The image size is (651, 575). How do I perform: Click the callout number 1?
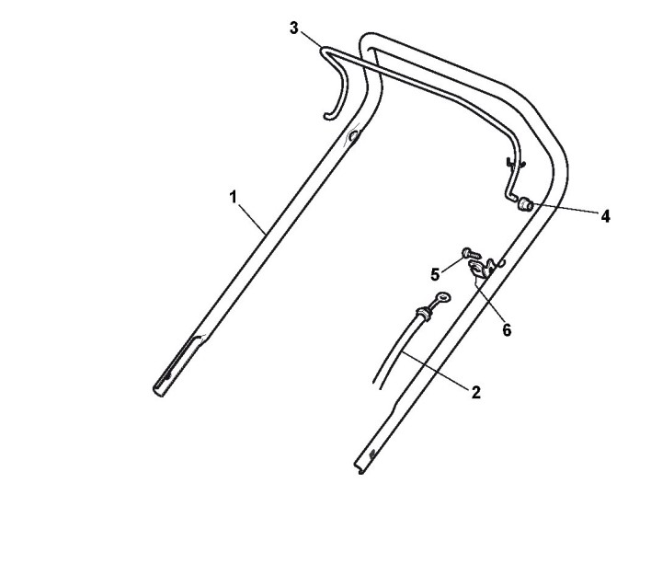click(x=234, y=196)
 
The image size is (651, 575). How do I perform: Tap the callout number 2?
click(x=475, y=392)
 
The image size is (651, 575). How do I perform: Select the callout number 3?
click(x=294, y=28)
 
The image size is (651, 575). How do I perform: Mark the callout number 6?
click(x=507, y=328)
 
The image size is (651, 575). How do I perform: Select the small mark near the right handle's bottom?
click(x=371, y=454)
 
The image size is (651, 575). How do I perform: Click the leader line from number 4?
click(x=566, y=212)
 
